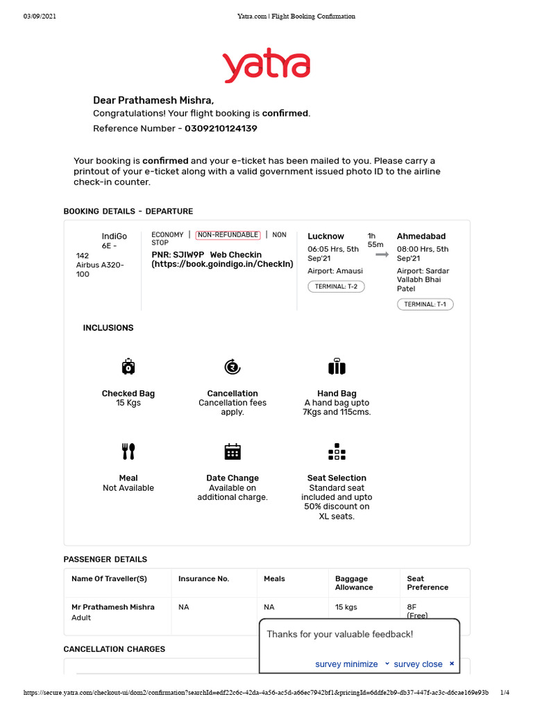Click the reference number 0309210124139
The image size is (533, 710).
click(x=221, y=128)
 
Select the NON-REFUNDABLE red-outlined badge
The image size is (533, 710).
click(x=228, y=235)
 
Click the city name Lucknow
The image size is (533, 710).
click(x=325, y=236)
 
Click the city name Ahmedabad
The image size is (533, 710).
click(x=421, y=236)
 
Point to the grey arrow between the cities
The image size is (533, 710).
click(x=382, y=254)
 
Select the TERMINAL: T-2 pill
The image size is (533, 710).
click(x=336, y=286)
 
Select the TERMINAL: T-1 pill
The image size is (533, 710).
click(x=425, y=304)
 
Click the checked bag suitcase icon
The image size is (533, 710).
click(x=128, y=367)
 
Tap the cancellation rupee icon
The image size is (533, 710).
click(x=232, y=367)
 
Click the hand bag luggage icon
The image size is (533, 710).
click(x=337, y=367)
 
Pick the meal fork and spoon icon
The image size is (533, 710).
click(x=128, y=451)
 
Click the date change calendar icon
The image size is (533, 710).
click(x=232, y=451)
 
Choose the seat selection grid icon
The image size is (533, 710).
click(x=337, y=451)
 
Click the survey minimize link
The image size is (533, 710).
click(x=346, y=664)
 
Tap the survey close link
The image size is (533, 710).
click(x=418, y=664)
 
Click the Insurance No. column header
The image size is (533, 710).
click(x=203, y=579)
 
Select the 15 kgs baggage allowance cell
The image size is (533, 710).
click(x=346, y=607)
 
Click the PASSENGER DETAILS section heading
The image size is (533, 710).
click(x=105, y=560)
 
